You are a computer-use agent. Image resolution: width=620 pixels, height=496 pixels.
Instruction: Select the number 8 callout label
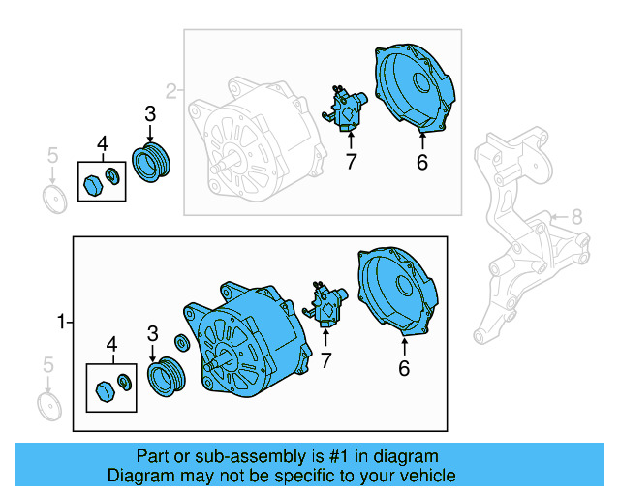coord(576,216)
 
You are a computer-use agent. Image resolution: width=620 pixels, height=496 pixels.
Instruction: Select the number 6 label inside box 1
coord(404,367)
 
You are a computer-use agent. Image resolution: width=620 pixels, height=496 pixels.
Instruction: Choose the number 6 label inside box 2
coord(421,163)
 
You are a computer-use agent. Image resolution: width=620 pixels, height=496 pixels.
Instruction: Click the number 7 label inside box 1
coord(325,361)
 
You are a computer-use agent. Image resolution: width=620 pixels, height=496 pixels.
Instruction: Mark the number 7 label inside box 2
coord(351,162)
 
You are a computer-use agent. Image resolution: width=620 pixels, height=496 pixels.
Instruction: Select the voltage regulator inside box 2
coord(347,106)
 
